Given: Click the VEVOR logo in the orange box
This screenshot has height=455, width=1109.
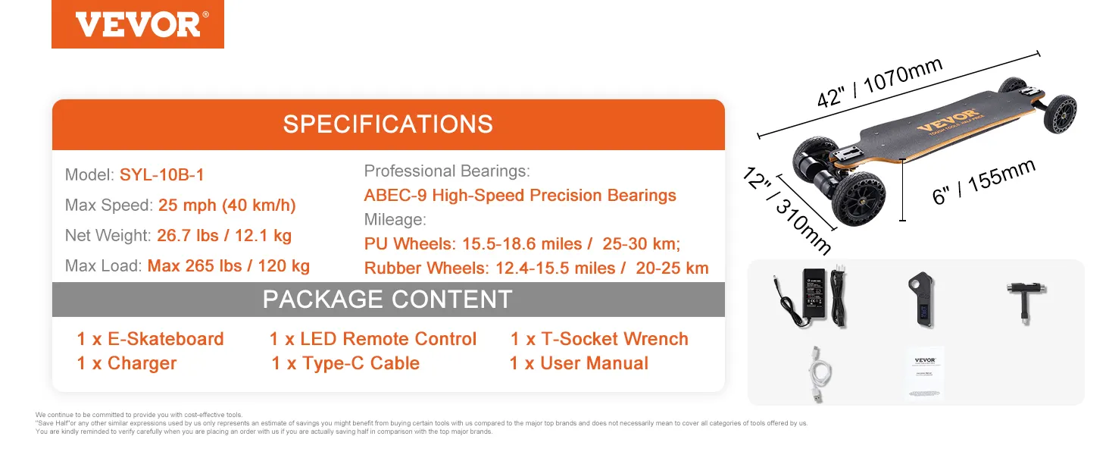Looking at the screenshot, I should pyautogui.click(x=138, y=24).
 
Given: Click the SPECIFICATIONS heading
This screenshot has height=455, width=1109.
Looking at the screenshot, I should pyautogui.click(x=388, y=124).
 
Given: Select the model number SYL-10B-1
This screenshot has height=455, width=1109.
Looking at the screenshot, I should pyautogui.click(x=162, y=175).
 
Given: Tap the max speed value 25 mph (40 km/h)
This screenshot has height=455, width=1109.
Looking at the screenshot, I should pyautogui.click(x=227, y=206).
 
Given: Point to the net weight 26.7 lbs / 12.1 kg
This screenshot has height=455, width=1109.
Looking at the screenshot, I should pyautogui.click(x=224, y=236).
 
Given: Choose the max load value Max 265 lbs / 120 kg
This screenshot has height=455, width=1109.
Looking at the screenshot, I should pyautogui.click(x=229, y=266).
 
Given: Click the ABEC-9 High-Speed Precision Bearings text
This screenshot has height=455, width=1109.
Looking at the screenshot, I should pyautogui.click(x=520, y=196).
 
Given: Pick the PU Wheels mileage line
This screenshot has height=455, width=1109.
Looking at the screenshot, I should pyautogui.click(x=523, y=244).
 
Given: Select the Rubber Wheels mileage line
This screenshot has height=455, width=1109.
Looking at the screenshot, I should pyautogui.click(x=536, y=268).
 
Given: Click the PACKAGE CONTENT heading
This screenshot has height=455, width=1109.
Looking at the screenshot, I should pyautogui.click(x=388, y=300).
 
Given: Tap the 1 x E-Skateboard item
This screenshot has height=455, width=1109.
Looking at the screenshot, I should pyautogui.click(x=150, y=339).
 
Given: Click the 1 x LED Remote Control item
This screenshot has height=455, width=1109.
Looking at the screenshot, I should pyautogui.click(x=373, y=339).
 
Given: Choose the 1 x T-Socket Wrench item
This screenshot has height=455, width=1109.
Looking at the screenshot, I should pyautogui.click(x=599, y=339).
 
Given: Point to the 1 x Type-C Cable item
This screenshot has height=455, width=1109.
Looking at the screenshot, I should pyautogui.click(x=345, y=363).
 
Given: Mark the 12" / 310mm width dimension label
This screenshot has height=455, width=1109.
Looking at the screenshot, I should pyautogui.click(x=787, y=210).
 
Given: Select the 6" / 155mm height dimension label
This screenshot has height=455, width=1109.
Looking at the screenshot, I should pyautogui.click(x=983, y=182).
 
